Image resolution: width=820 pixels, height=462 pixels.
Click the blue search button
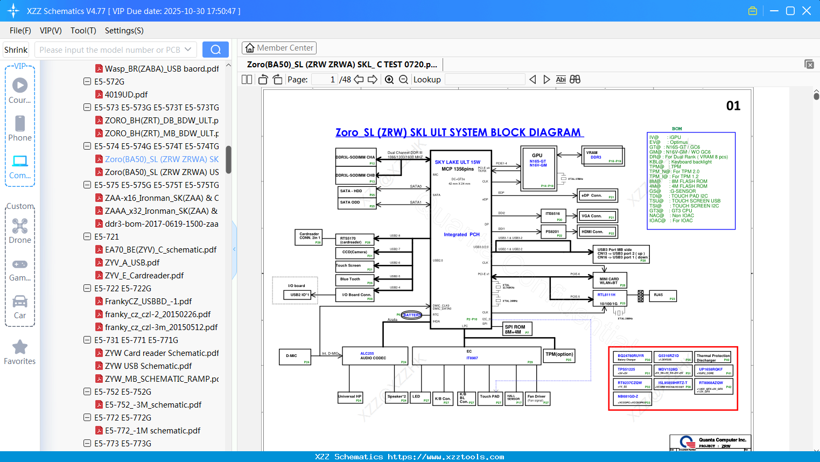215,50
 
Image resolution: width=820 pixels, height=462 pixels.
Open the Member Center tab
279,48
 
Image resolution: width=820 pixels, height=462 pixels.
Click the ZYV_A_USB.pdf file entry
132,262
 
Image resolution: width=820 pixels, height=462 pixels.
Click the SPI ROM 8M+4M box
517,329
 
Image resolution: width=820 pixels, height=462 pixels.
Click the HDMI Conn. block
597,232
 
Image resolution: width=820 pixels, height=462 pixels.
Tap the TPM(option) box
559,356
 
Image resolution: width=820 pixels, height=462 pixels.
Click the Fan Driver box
537,398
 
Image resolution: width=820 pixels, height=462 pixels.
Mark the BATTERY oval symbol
411,315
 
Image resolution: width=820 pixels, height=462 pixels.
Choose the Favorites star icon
20,347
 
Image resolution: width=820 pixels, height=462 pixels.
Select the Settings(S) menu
124,31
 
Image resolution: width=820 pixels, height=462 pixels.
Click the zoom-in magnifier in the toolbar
389,80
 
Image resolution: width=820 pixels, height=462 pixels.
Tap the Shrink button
16,50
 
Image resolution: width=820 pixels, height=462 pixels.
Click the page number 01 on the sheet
733,106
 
